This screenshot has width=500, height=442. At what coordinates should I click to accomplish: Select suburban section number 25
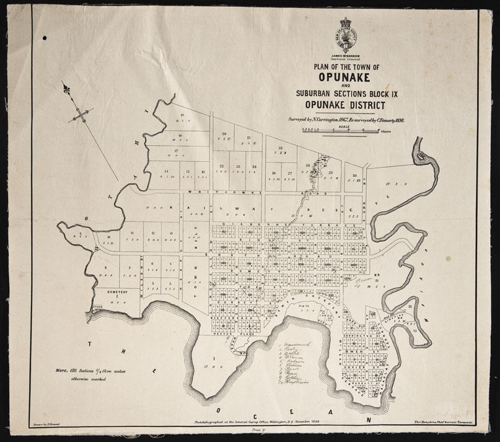(280, 148)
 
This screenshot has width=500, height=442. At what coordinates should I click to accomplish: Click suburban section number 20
(224, 133)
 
